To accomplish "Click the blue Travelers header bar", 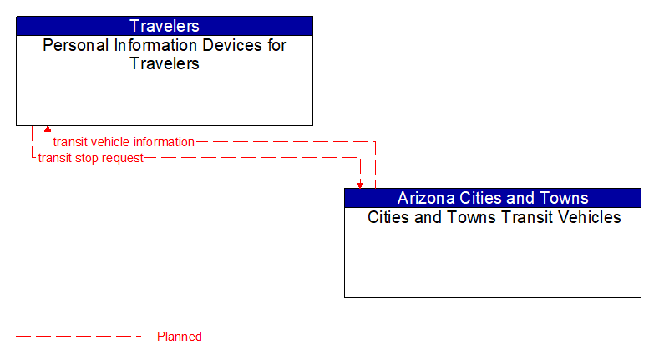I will [x=165, y=26].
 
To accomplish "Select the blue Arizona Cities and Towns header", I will [x=493, y=198].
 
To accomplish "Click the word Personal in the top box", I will [x=71, y=45].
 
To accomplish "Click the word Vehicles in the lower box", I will [x=591, y=217].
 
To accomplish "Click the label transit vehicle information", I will [x=123, y=142].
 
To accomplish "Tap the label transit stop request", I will [x=90, y=157].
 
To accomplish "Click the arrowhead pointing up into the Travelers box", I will [x=48, y=130].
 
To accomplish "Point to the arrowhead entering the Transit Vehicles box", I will [x=360, y=184].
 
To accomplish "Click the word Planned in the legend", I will [x=180, y=337].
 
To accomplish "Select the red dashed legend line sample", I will [x=79, y=337].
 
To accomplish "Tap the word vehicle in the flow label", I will [x=104, y=142].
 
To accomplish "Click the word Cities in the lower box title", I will [x=390, y=217].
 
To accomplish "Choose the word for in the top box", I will [x=276, y=45].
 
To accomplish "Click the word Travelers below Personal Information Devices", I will [x=165, y=63].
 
